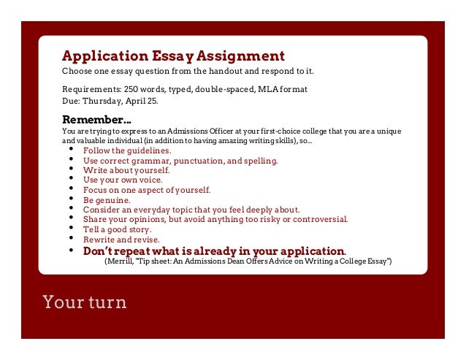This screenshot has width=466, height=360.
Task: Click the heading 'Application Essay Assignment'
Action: (173, 56)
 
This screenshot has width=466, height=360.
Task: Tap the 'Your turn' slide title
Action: (84, 302)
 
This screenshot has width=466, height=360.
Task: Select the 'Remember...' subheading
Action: (96, 119)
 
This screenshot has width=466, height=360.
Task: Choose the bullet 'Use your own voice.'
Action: (123, 179)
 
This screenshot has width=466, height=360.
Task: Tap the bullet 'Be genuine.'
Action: (107, 199)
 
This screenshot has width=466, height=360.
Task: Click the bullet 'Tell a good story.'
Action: (118, 229)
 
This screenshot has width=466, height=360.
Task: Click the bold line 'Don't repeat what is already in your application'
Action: (213, 250)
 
